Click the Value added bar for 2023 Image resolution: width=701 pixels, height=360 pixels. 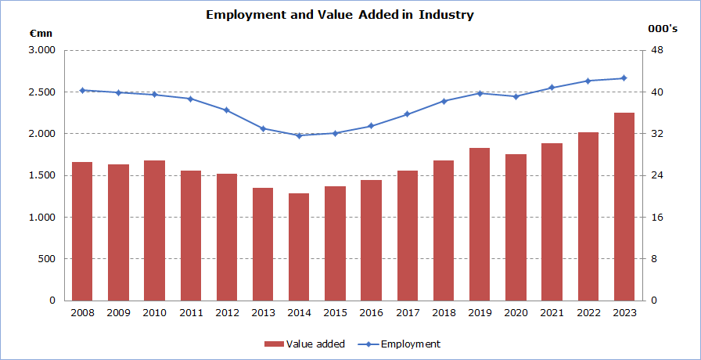coord(624,207)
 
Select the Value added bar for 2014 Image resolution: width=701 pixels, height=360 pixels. coord(299,247)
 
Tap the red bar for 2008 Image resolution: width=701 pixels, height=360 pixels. coord(82,231)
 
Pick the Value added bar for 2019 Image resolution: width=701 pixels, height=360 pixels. coord(480,224)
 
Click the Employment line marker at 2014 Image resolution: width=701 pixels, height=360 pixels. coord(299,135)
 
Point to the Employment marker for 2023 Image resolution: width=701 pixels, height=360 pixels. coord(624,77)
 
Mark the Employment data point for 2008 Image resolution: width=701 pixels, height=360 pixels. coord(82,90)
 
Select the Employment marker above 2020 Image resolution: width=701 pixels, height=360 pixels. coord(516,96)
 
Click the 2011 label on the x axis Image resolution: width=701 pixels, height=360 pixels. coord(190,313)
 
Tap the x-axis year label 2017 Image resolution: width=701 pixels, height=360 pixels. coord(407,313)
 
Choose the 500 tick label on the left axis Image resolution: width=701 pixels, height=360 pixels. coord(47,259)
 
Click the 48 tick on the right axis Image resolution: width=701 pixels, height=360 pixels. coord(657,51)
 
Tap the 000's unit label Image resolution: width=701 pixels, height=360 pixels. coord(661,29)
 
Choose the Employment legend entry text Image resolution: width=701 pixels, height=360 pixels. coord(410,344)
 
